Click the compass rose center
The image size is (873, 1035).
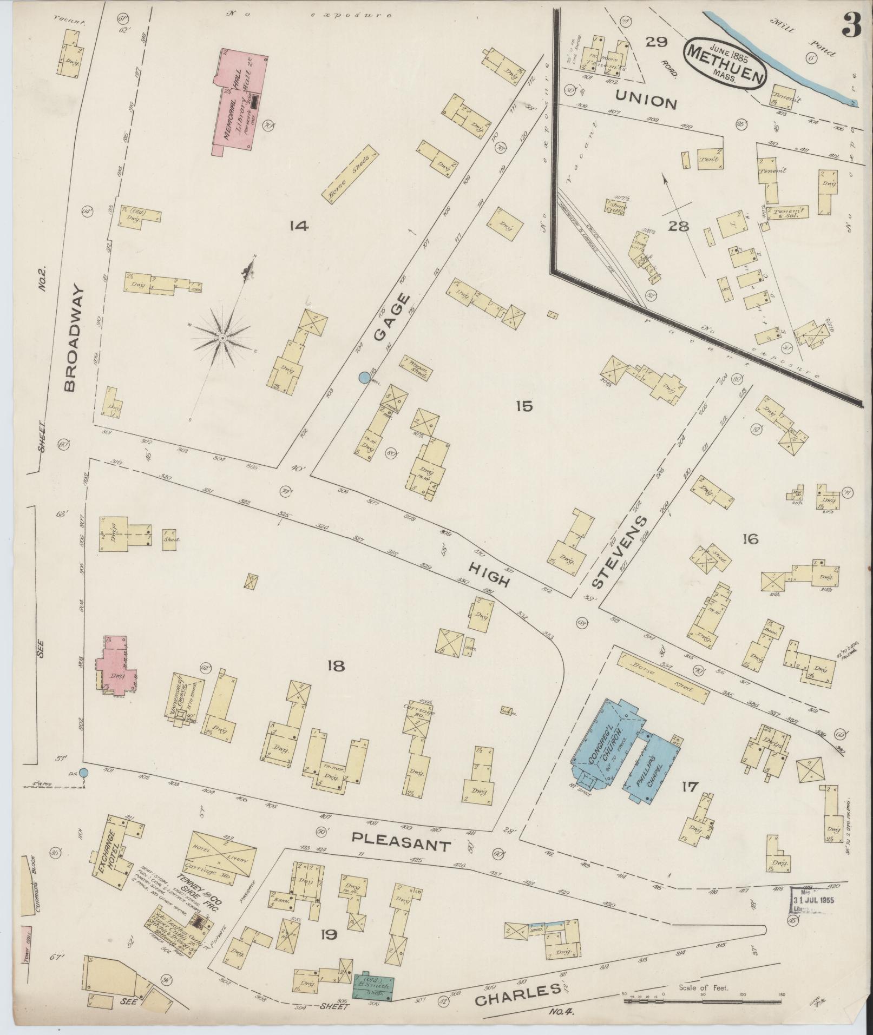222,338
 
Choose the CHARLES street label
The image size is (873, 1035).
517,994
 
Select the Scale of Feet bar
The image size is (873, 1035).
704,1001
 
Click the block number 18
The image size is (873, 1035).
336,666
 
